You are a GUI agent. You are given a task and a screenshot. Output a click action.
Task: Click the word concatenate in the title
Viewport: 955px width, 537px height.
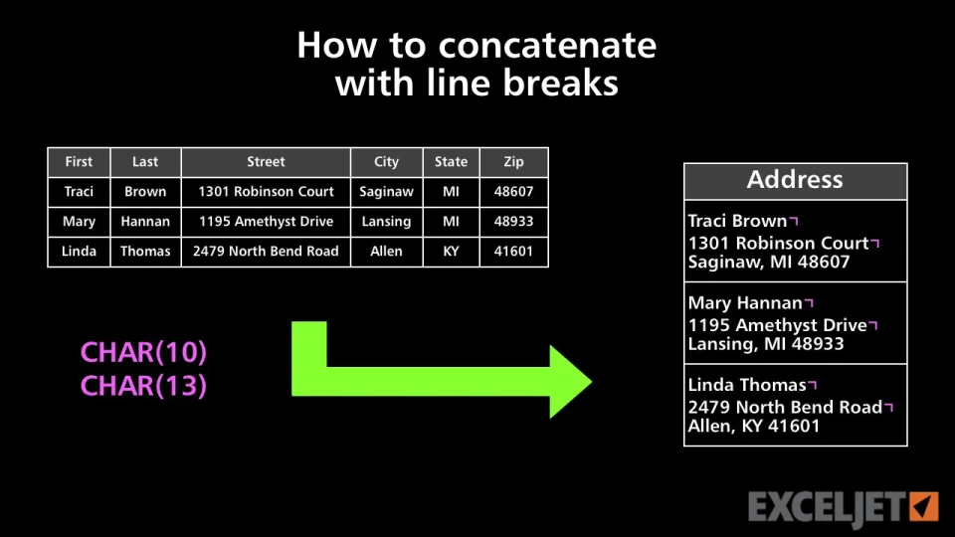pos(547,46)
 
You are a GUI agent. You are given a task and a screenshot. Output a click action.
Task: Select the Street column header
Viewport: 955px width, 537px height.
pos(266,162)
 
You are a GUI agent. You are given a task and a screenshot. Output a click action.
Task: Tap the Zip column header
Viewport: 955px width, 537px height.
pos(513,162)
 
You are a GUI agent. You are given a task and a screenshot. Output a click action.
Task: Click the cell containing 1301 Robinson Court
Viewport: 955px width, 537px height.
pos(266,192)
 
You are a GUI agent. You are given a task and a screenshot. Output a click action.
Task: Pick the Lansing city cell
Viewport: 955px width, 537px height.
pos(386,222)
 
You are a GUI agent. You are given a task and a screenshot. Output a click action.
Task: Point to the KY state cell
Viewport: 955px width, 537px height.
pos(451,252)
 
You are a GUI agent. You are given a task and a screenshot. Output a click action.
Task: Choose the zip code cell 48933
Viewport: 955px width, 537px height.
pos(513,222)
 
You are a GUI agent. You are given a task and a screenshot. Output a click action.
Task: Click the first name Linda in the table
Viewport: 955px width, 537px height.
pos(80,252)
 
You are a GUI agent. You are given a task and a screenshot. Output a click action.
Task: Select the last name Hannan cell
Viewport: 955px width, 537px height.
pos(145,222)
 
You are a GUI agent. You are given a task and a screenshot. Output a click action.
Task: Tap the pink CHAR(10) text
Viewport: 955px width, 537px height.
pos(143,352)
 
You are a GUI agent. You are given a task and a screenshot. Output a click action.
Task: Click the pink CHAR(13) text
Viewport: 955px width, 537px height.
pos(143,386)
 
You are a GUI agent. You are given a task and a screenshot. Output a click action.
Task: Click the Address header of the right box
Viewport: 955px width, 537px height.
pos(795,180)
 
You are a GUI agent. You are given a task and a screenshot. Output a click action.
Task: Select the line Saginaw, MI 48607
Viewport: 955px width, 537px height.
pos(769,263)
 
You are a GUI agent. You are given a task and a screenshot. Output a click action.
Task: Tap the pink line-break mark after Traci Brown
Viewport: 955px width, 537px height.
pos(794,221)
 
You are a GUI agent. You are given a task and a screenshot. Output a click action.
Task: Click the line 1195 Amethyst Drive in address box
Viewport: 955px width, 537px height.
pos(778,326)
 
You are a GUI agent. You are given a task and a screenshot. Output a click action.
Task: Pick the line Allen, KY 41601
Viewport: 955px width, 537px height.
pos(754,427)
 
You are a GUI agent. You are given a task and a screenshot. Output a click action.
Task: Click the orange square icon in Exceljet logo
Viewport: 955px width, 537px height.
pos(924,506)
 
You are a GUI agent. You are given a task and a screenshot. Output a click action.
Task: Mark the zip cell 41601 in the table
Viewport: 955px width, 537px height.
pos(513,252)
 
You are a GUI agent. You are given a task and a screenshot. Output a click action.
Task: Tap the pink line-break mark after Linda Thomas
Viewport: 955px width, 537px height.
pos(812,385)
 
